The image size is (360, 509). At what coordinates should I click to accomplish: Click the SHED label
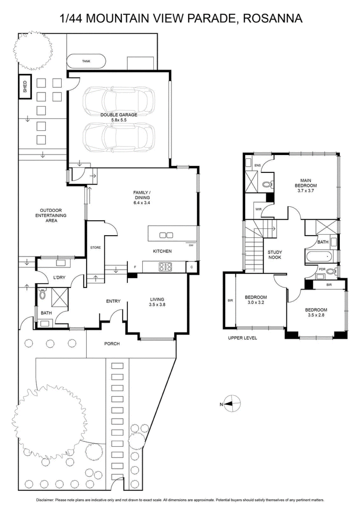click(25, 87)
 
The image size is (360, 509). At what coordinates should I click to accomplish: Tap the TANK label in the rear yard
click(86, 61)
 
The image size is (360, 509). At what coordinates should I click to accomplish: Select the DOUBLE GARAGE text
click(119, 115)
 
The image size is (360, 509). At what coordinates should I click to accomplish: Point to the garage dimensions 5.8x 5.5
click(119, 120)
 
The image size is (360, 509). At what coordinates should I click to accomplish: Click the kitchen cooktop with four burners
click(165, 267)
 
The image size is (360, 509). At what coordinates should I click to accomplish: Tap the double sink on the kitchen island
click(166, 235)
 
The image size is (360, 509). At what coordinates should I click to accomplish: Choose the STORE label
click(95, 248)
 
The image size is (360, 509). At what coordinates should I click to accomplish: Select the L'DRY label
click(59, 277)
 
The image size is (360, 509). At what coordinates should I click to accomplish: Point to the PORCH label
click(112, 344)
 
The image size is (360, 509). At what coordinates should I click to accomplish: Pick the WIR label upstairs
click(258, 209)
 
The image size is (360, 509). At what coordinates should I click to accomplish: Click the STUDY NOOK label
click(275, 255)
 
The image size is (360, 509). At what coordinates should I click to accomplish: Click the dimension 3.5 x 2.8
click(316, 315)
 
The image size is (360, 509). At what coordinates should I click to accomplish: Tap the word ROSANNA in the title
click(273, 18)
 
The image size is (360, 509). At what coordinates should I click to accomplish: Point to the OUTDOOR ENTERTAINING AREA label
click(51, 215)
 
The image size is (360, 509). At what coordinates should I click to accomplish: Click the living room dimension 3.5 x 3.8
click(157, 304)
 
